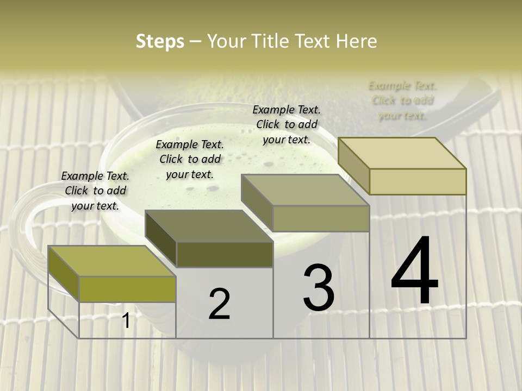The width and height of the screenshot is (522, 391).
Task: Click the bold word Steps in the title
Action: pos(160,41)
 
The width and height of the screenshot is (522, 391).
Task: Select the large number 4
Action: pos(414,272)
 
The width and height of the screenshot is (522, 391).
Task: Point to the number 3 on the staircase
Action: pos(319,288)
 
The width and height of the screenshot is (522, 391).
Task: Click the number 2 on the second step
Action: pos(219,304)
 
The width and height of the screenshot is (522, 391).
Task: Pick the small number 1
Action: pos(126,321)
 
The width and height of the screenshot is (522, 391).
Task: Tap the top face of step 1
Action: pos(111,261)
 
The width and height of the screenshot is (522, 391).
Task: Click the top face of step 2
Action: pos(208,226)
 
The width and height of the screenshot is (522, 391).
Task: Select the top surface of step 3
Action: pos(305,190)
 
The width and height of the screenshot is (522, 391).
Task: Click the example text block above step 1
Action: pos(95,191)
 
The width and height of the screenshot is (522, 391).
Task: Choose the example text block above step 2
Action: pos(190,159)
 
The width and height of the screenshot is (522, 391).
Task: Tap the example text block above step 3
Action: pos(287,124)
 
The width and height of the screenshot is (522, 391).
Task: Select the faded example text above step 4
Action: pos(402,100)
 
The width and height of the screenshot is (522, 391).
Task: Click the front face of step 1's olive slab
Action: pos(127,289)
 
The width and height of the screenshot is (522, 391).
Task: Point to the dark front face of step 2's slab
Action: pos(225,254)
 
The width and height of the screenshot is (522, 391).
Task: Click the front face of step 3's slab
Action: pos(321,218)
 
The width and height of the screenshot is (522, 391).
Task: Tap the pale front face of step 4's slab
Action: pos(418,181)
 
